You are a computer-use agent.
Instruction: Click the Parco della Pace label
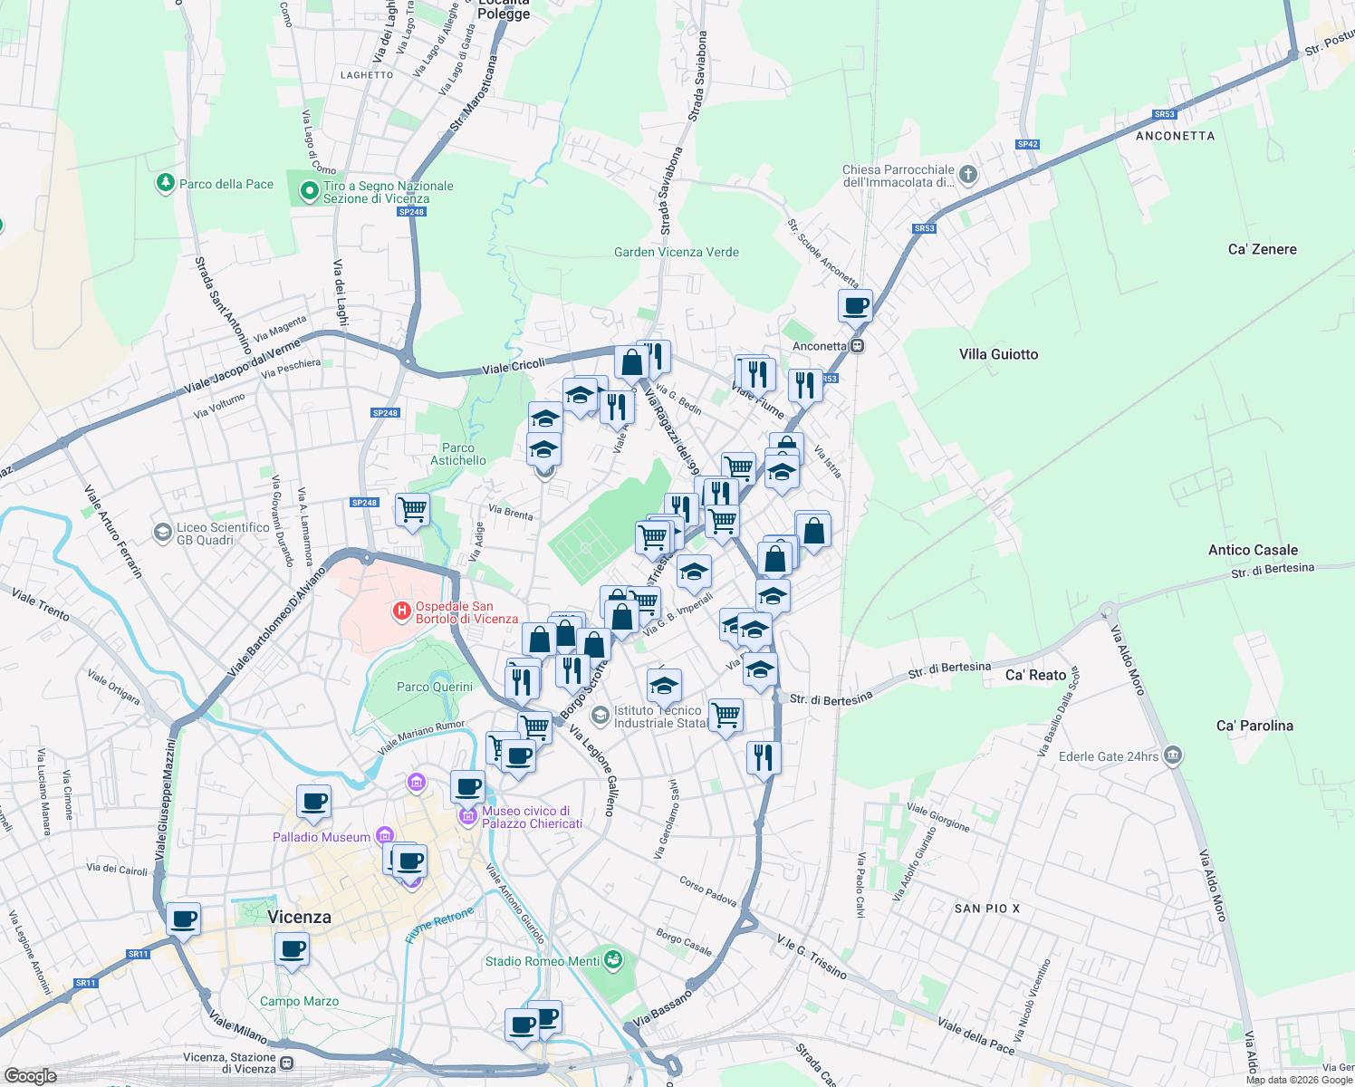(x=226, y=184)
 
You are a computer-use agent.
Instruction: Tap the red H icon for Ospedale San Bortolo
(x=401, y=612)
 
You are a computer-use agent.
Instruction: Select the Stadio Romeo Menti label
(x=542, y=961)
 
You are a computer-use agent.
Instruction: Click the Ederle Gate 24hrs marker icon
(x=1173, y=755)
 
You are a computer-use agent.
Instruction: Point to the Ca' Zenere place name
(x=1262, y=249)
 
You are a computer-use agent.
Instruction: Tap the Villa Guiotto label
(x=998, y=354)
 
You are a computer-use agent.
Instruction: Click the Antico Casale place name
(x=1253, y=550)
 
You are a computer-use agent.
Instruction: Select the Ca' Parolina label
(x=1254, y=726)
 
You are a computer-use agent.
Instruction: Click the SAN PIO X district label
(x=987, y=908)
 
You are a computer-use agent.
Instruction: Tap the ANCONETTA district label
(x=1175, y=136)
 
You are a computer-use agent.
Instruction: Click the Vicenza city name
(x=299, y=917)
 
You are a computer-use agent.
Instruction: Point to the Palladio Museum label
(x=322, y=837)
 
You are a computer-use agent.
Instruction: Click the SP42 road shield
(x=1027, y=144)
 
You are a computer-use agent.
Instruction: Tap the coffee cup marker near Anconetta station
(x=855, y=305)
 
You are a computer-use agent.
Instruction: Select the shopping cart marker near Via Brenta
(x=412, y=509)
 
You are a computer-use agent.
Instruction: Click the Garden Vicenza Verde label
(x=676, y=252)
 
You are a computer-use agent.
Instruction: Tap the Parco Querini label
(x=435, y=687)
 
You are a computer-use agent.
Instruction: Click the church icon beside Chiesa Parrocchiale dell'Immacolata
(x=967, y=174)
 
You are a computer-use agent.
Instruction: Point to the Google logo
(x=30, y=1075)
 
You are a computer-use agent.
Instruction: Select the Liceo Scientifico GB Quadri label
(x=223, y=534)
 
